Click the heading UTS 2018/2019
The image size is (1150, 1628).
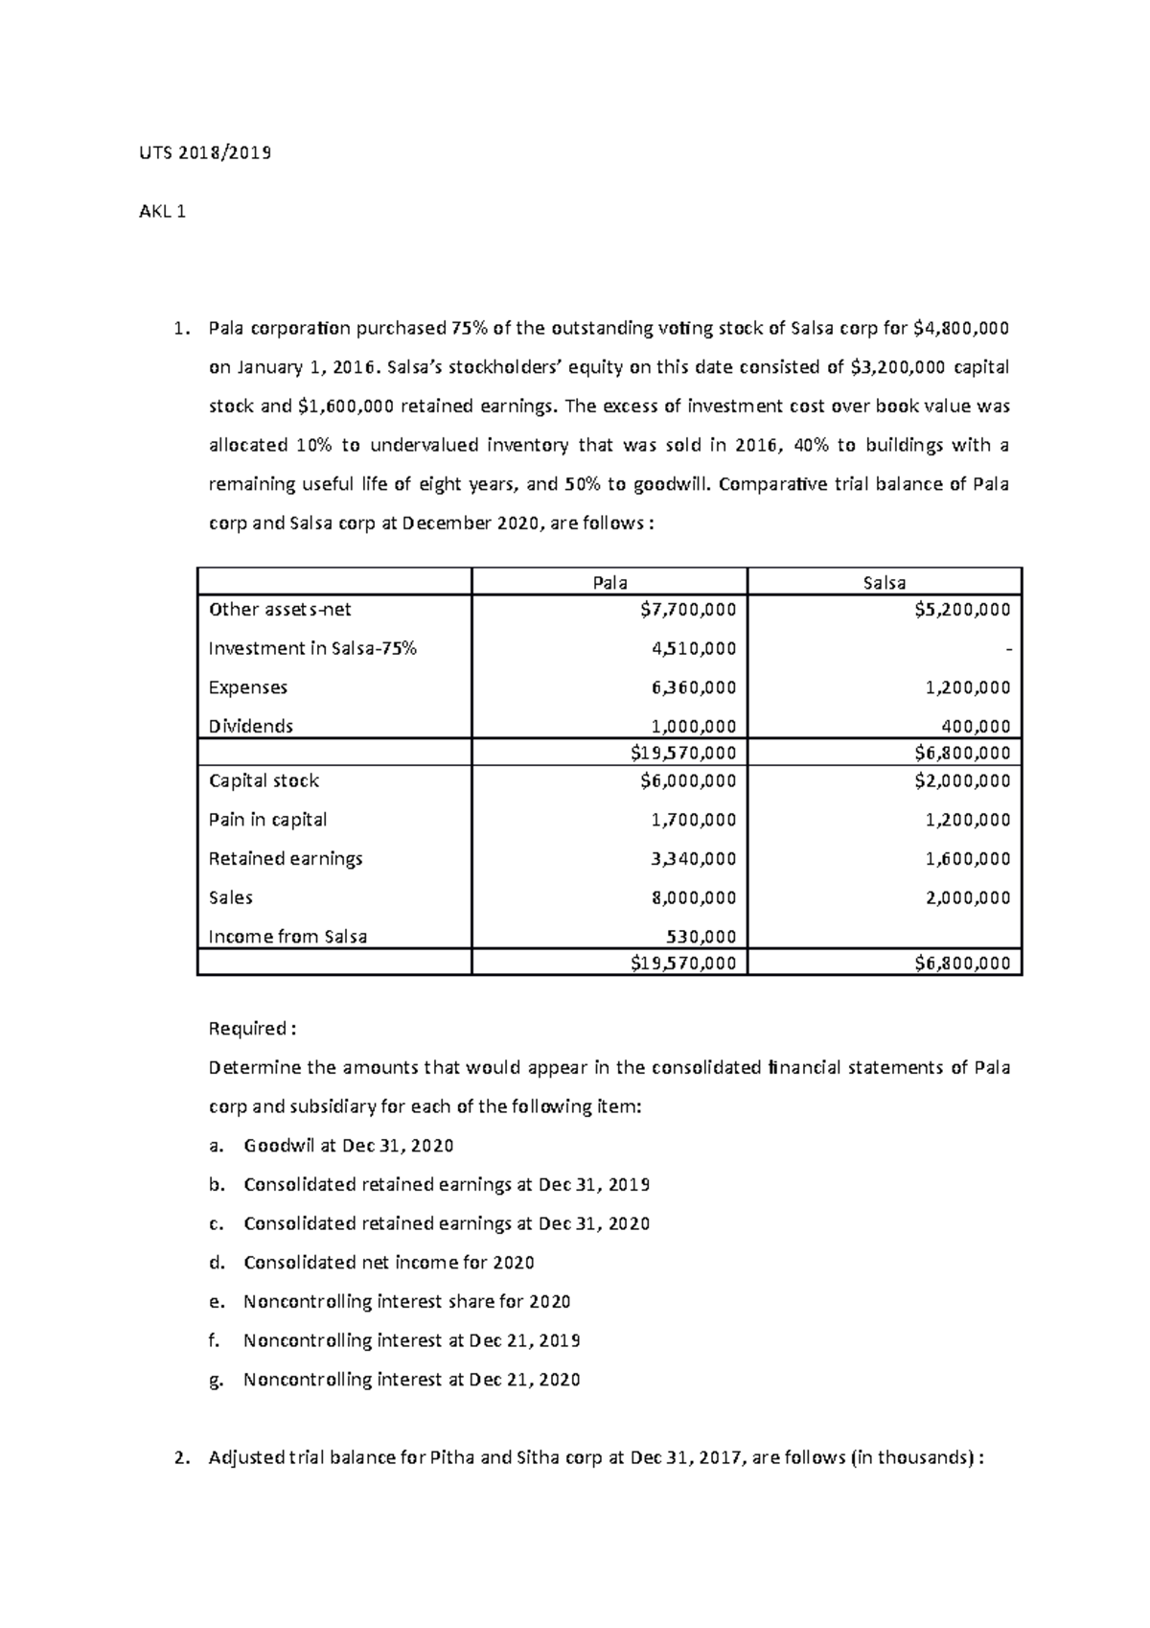tap(206, 152)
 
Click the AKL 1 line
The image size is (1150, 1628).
tap(163, 212)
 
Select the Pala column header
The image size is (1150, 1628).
tap(609, 582)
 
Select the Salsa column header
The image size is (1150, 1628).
tap(884, 582)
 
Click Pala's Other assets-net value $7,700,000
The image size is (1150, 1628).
tap(688, 610)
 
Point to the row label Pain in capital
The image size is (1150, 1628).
tap(267, 820)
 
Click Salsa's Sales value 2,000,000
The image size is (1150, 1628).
tap(968, 898)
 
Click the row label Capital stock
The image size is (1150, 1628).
tap(264, 780)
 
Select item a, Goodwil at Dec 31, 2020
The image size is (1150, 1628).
tap(348, 1146)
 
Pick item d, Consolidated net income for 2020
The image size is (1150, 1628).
tap(388, 1263)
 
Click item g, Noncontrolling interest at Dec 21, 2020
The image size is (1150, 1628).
tap(411, 1380)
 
